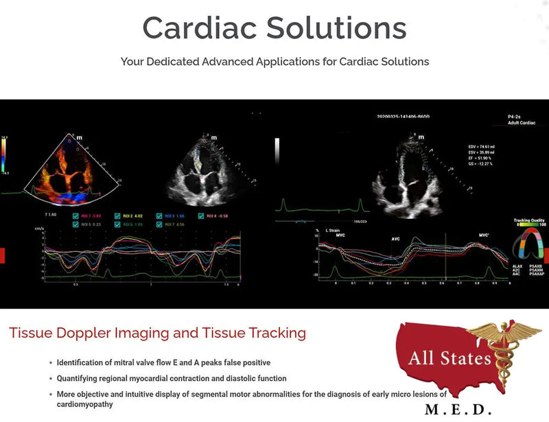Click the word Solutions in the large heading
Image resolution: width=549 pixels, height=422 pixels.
pyautogui.click(x=336, y=27)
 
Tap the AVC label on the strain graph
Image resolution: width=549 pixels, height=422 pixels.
pyautogui.click(x=395, y=239)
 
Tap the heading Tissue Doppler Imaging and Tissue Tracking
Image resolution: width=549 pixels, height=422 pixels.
pyautogui.click(x=157, y=333)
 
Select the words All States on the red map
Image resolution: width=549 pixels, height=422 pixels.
pyautogui.click(x=449, y=357)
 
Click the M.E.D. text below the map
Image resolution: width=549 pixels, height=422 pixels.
pyautogui.click(x=458, y=410)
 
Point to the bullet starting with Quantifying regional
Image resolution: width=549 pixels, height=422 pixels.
pyautogui.click(x=171, y=378)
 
